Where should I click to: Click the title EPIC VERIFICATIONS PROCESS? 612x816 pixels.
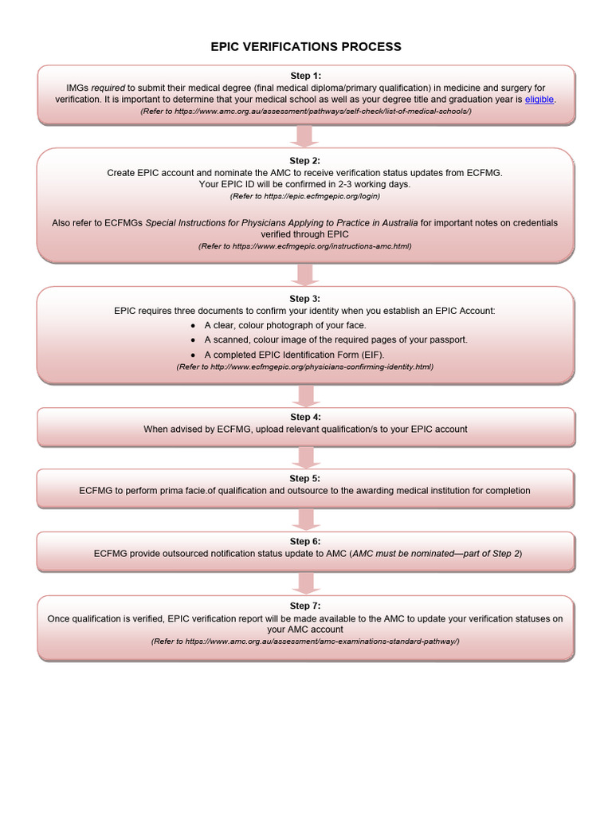click(306, 47)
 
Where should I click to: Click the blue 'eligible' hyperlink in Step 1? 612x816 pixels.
click(539, 100)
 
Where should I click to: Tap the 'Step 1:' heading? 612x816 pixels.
click(305, 76)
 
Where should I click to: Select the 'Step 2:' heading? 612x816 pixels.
click(305, 160)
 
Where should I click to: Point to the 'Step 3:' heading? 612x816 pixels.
click(305, 298)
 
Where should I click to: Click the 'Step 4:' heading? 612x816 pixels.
click(305, 417)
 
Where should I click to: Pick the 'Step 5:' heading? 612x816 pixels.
click(305, 478)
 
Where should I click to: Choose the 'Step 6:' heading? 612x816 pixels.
click(305, 541)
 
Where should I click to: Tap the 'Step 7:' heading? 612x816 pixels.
click(305, 606)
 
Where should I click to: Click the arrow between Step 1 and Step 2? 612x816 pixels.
click(305, 136)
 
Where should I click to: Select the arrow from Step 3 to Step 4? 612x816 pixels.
click(305, 395)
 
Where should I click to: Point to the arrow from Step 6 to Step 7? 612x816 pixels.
click(305, 583)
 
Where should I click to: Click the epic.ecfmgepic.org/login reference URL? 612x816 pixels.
click(305, 196)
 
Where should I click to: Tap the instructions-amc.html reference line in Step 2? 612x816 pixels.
click(305, 247)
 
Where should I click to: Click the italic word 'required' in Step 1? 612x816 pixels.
click(109, 88)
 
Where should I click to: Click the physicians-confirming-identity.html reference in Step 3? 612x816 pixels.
click(305, 367)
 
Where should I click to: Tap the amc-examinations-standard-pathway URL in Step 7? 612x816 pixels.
click(305, 641)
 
